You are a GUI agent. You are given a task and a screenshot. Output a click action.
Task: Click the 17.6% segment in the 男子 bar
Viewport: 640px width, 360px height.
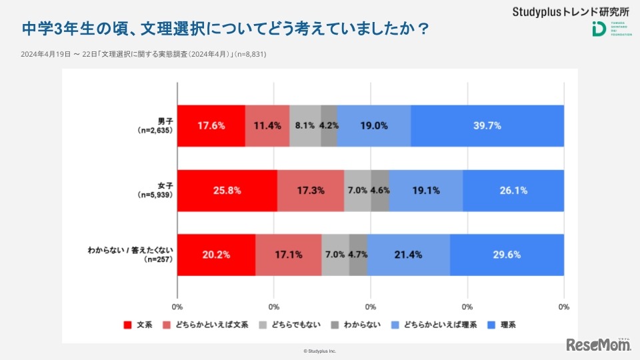click(x=211, y=125)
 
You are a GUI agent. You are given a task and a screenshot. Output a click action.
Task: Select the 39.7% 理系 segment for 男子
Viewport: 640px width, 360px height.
click(x=487, y=125)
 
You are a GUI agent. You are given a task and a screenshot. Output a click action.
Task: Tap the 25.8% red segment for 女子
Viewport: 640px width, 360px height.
click(x=227, y=190)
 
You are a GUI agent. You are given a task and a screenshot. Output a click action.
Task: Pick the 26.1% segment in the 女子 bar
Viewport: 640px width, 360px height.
click(x=513, y=190)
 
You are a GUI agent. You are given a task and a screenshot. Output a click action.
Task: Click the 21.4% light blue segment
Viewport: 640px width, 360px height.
click(x=408, y=255)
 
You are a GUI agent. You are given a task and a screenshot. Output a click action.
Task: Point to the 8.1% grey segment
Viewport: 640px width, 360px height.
click(x=305, y=125)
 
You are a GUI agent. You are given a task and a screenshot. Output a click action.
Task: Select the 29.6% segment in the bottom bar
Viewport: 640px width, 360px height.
click(x=507, y=255)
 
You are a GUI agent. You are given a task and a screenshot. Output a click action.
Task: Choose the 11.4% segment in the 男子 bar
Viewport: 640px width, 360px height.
click(x=267, y=125)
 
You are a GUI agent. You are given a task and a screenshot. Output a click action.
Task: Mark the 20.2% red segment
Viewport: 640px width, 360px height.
click(x=216, y=255)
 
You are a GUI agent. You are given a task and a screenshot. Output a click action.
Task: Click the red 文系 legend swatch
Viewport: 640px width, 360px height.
click(x=127, y=325)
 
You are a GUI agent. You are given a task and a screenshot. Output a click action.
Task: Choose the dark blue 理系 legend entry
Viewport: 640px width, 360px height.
click(x=507, y=325)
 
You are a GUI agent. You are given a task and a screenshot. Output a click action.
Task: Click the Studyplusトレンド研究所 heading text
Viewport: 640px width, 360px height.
click(x=571, y=12)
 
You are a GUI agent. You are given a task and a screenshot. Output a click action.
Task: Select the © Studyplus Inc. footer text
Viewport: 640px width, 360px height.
click(x=320, y=351)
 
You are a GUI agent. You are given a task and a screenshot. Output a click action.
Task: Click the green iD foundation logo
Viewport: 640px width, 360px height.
click(x=598, y=30)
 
